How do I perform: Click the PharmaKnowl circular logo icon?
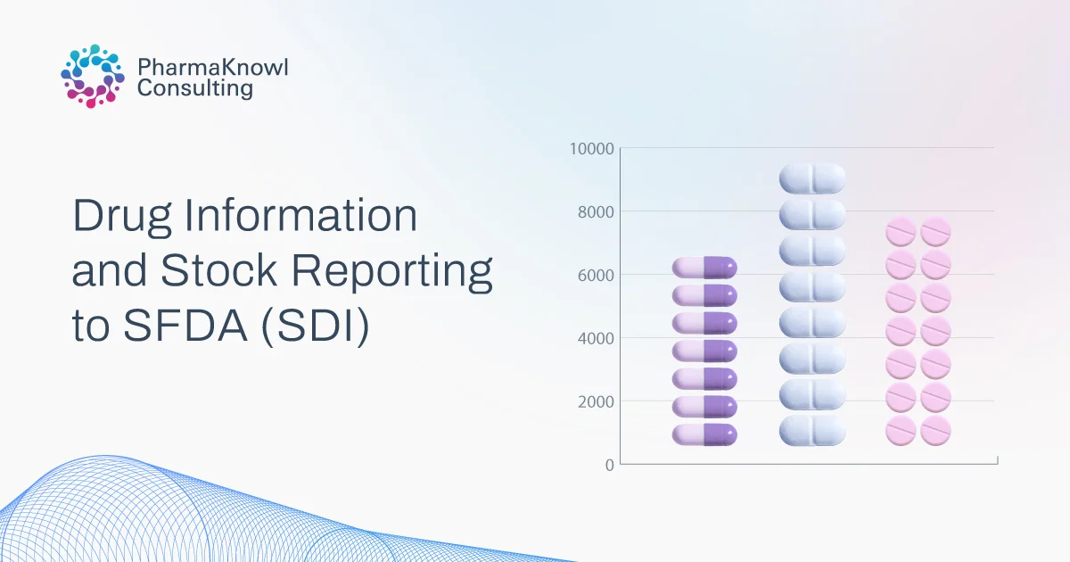[x=93, y=76]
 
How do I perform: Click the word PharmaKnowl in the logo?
[x=213, y=67]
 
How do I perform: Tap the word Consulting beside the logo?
[x=195, y=88]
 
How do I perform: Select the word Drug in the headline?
[x=122, y=217]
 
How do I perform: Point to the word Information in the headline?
[x=301, y=215]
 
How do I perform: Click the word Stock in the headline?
[x=218, y=270]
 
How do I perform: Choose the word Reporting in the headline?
[x=391, y=271]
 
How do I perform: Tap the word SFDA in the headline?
[x=185, y=326]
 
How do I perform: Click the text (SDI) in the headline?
[x=316, y=326]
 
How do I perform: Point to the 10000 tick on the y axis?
[x=591, y=149]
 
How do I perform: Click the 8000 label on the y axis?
[x=596, y=211]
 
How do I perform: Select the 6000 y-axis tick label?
[x=596, y=276]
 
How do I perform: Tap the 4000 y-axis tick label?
[x=596, y=338]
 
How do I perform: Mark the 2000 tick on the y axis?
[x=596, y=402]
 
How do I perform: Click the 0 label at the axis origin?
[x=610, y=465]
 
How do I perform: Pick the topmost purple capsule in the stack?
[x=704, y=268]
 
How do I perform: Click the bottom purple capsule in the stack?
[x=704, y=435]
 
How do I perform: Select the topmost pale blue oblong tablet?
[x=812, y=178]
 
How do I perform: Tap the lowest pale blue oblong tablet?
[x=812, y=430]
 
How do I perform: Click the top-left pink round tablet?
[x=901, y=231]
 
